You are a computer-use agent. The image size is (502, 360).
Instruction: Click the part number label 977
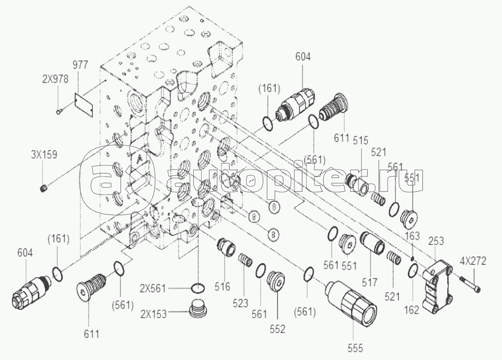tap(80, 65)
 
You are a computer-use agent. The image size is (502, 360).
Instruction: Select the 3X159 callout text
tap(44, 154)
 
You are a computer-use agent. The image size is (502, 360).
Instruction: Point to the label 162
tap(412, 309)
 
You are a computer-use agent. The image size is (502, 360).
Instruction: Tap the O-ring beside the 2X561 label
tap(198, 288)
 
